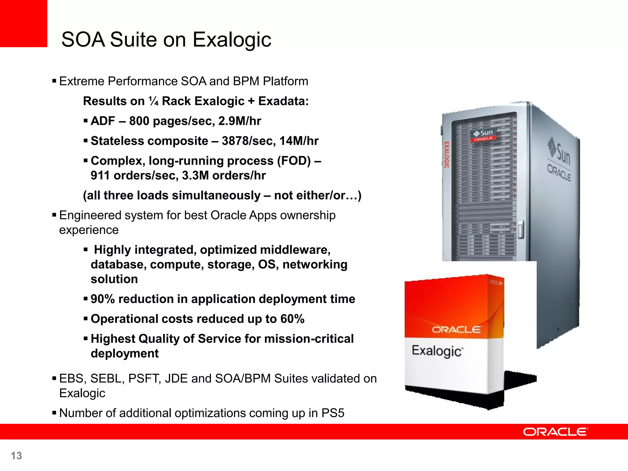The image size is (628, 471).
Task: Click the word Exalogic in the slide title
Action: tap(232, 40)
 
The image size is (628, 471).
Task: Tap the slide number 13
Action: tap(16, 456)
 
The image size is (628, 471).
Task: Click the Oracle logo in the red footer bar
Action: tap(555, 432)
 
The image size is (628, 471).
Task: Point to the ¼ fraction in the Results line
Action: tap(153, 101)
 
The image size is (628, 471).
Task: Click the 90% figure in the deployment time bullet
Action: tap(102, 299)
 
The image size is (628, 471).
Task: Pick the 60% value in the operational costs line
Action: tap(292, 319)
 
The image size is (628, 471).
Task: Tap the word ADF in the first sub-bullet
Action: tap(103, 121)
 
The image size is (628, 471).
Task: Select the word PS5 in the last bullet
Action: tap(333, 413)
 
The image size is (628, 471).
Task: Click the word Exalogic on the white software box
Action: tap(437, 351)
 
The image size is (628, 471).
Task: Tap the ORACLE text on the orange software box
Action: tap(456, 330)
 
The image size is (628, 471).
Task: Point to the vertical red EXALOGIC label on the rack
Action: tap(447, 155)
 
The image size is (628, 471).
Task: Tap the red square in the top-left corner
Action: tap(23, 23)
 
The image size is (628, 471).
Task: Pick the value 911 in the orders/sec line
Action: tap(100, 175)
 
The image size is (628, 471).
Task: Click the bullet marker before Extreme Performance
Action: tap(54, 81)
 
